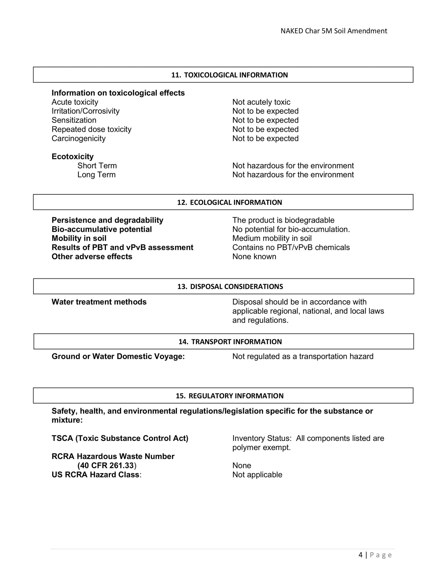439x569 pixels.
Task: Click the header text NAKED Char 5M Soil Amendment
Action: click(334, 31)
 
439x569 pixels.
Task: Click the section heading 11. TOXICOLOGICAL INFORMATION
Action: click(229, 75)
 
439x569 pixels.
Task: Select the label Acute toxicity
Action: click(75, 102)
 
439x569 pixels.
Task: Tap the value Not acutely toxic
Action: click(261, 102)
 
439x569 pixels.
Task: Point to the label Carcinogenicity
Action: click(78, 138)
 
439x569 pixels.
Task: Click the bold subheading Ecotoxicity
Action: click(73, 156)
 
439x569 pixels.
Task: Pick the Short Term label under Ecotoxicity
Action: click(97, 166)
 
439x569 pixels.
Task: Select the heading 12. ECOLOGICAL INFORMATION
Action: click(229, 202)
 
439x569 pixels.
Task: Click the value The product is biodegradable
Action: click(283, 220)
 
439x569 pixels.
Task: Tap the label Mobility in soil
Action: click(79, 238)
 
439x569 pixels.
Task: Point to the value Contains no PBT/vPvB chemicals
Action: click(291, 247)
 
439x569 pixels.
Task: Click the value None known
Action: click(254, 257)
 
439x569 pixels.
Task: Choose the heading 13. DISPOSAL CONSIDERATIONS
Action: click(230, 286)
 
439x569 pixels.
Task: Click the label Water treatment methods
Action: click(99, 302)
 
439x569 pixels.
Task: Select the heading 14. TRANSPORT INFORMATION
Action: click(230, 342)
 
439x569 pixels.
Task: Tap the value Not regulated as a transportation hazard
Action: click(303, 356)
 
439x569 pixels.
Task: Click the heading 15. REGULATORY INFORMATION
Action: click(229, 396)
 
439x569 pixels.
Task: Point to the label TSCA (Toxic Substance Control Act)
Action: click(120, 438)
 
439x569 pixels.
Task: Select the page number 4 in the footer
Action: click(360, 555)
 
